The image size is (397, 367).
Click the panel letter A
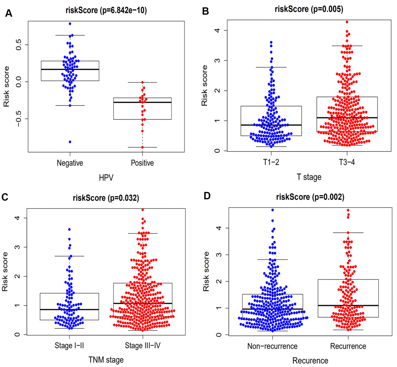point(8,14)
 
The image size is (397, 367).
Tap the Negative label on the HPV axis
point(70,163)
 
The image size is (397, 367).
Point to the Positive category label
point(142,163)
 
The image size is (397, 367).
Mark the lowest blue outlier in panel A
point(70,142)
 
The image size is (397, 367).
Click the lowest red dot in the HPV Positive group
point(142,147)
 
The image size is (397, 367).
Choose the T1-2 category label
point(271,163)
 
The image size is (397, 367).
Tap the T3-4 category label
point(347,163)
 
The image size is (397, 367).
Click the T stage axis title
point(309,177)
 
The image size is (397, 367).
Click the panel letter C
point(5,197)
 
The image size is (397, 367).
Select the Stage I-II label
point(69,346)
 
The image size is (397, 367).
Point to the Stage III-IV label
point(142,346)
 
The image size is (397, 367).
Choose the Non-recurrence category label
point(272,346)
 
